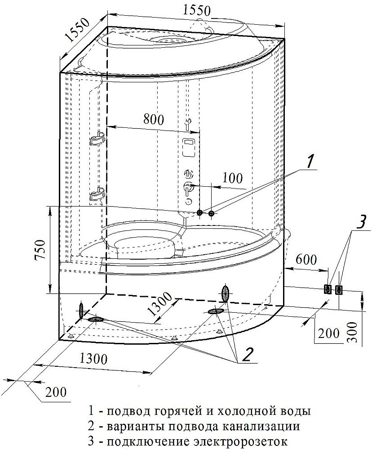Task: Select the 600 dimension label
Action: click(x=307, y=260)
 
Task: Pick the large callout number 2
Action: click(x=248, y=355)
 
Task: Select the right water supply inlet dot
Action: click(x=212, y=213)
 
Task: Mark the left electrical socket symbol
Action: click(x=328, y=289)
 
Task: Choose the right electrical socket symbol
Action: click(x=339, y=289)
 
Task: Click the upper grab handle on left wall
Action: click(x=97, y=139)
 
